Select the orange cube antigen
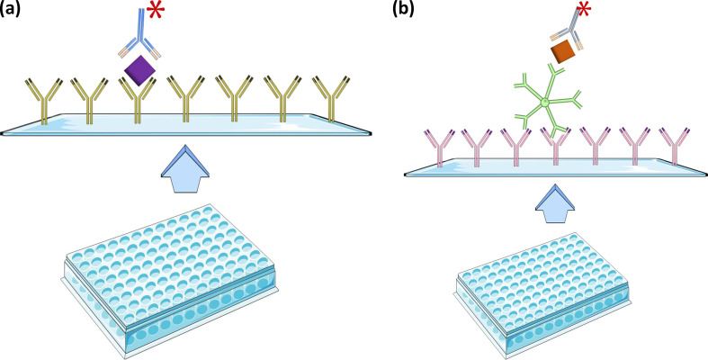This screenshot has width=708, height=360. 564,52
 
